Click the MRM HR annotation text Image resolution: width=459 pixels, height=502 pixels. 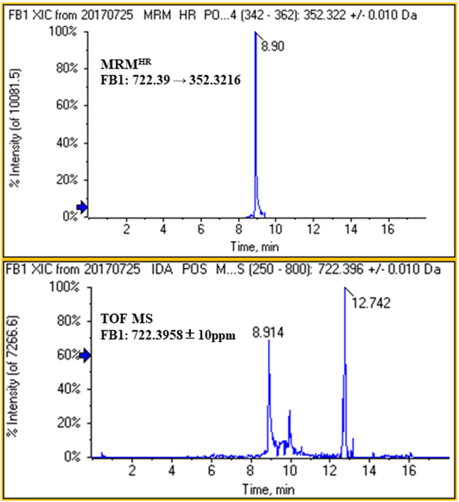tap(126, 66)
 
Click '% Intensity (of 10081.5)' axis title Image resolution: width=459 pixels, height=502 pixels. tap(14, 128)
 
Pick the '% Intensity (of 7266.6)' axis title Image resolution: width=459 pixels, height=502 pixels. tap(14, 372)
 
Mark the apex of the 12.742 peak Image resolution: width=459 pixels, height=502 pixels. tap(345, 288)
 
